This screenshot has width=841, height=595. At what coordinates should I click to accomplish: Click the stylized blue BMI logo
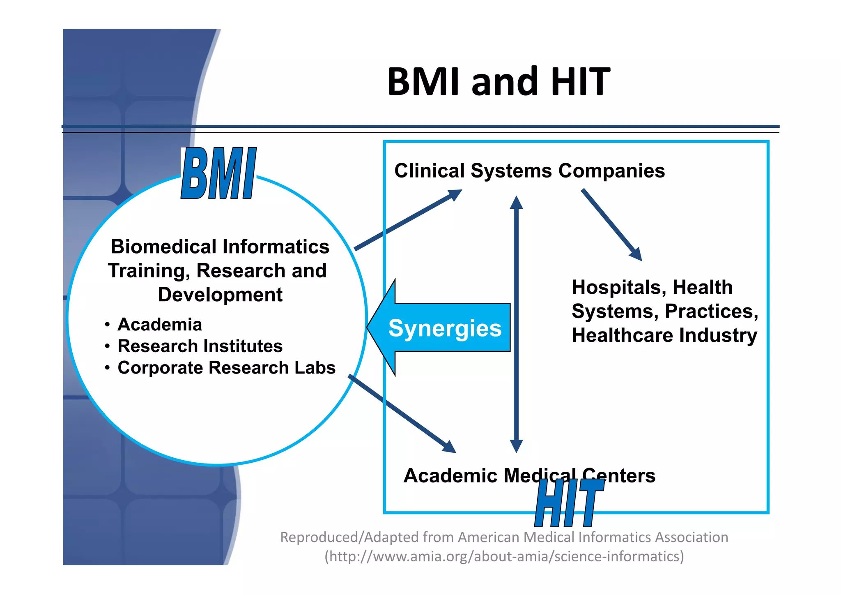pyautogui.click(x=218, y=174)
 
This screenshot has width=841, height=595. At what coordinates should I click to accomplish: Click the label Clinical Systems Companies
pyautogui.click(x=529, y=171)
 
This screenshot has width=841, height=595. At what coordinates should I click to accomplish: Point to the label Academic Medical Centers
pyautogui.click(x=529, y=475)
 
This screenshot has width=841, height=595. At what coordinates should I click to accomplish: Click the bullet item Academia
pyautogui.click(x=160, y=325)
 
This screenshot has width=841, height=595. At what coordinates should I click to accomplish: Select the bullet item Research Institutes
pyautogui.click(x=200, y=346)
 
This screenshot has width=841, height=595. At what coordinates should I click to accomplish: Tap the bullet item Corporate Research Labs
pyautogui.click(x=226, y=368)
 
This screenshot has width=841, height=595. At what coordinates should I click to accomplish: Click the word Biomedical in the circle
pyautogui.click(x=163, y=247)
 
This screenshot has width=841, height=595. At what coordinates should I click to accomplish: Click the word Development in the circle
pyautogui.click(x=220, y=295)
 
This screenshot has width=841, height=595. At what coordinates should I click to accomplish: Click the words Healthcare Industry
pyautogui.click(x=664, y=335)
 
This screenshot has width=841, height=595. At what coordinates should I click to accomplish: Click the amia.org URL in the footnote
pyautogui.click(x=504, y=556)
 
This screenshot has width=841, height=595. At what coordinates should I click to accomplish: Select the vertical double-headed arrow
pyautogui.click(x=516, y=325)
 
